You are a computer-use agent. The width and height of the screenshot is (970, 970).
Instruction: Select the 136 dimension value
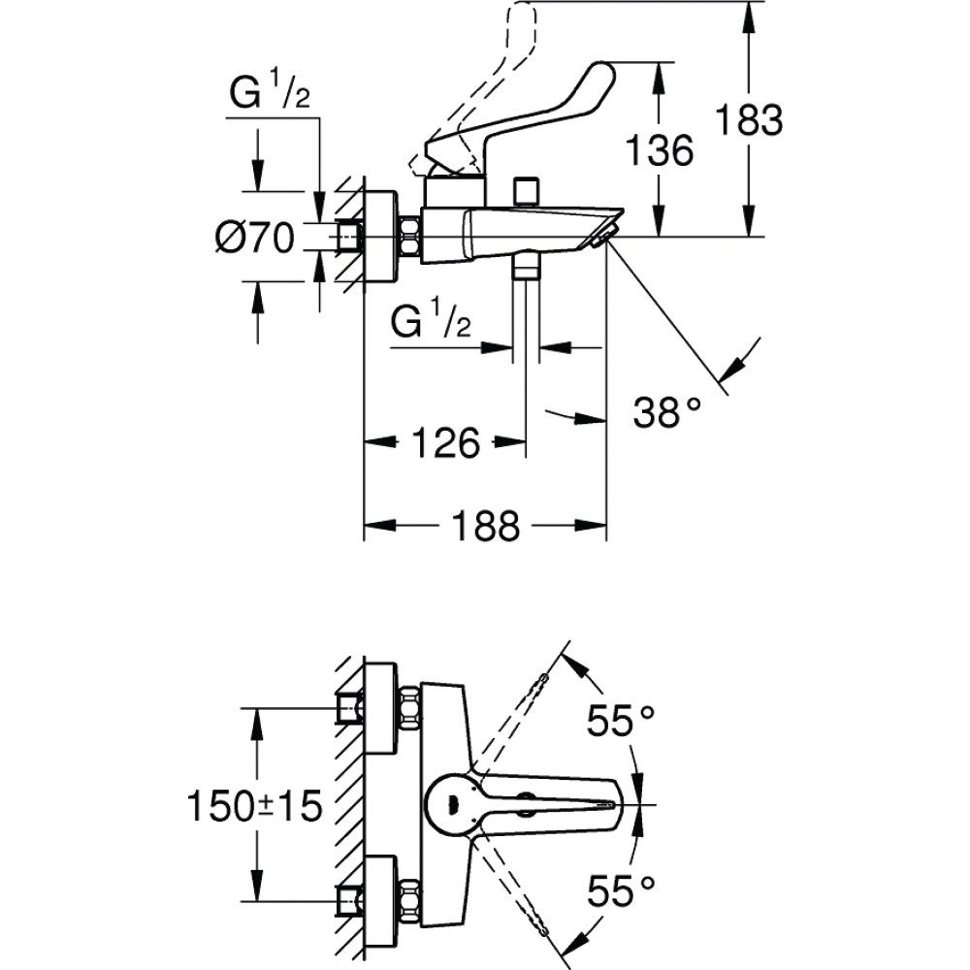[660, 150]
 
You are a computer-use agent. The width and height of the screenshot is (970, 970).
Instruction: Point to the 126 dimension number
[445, 442]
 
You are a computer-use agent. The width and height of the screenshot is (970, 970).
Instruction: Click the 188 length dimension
[486, 526]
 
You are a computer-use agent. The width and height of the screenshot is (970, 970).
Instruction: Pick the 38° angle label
[667, 412]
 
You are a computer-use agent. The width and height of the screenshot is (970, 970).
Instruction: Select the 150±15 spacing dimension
[255, 806]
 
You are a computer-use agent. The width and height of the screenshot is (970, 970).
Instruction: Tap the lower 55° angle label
[621, 890]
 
